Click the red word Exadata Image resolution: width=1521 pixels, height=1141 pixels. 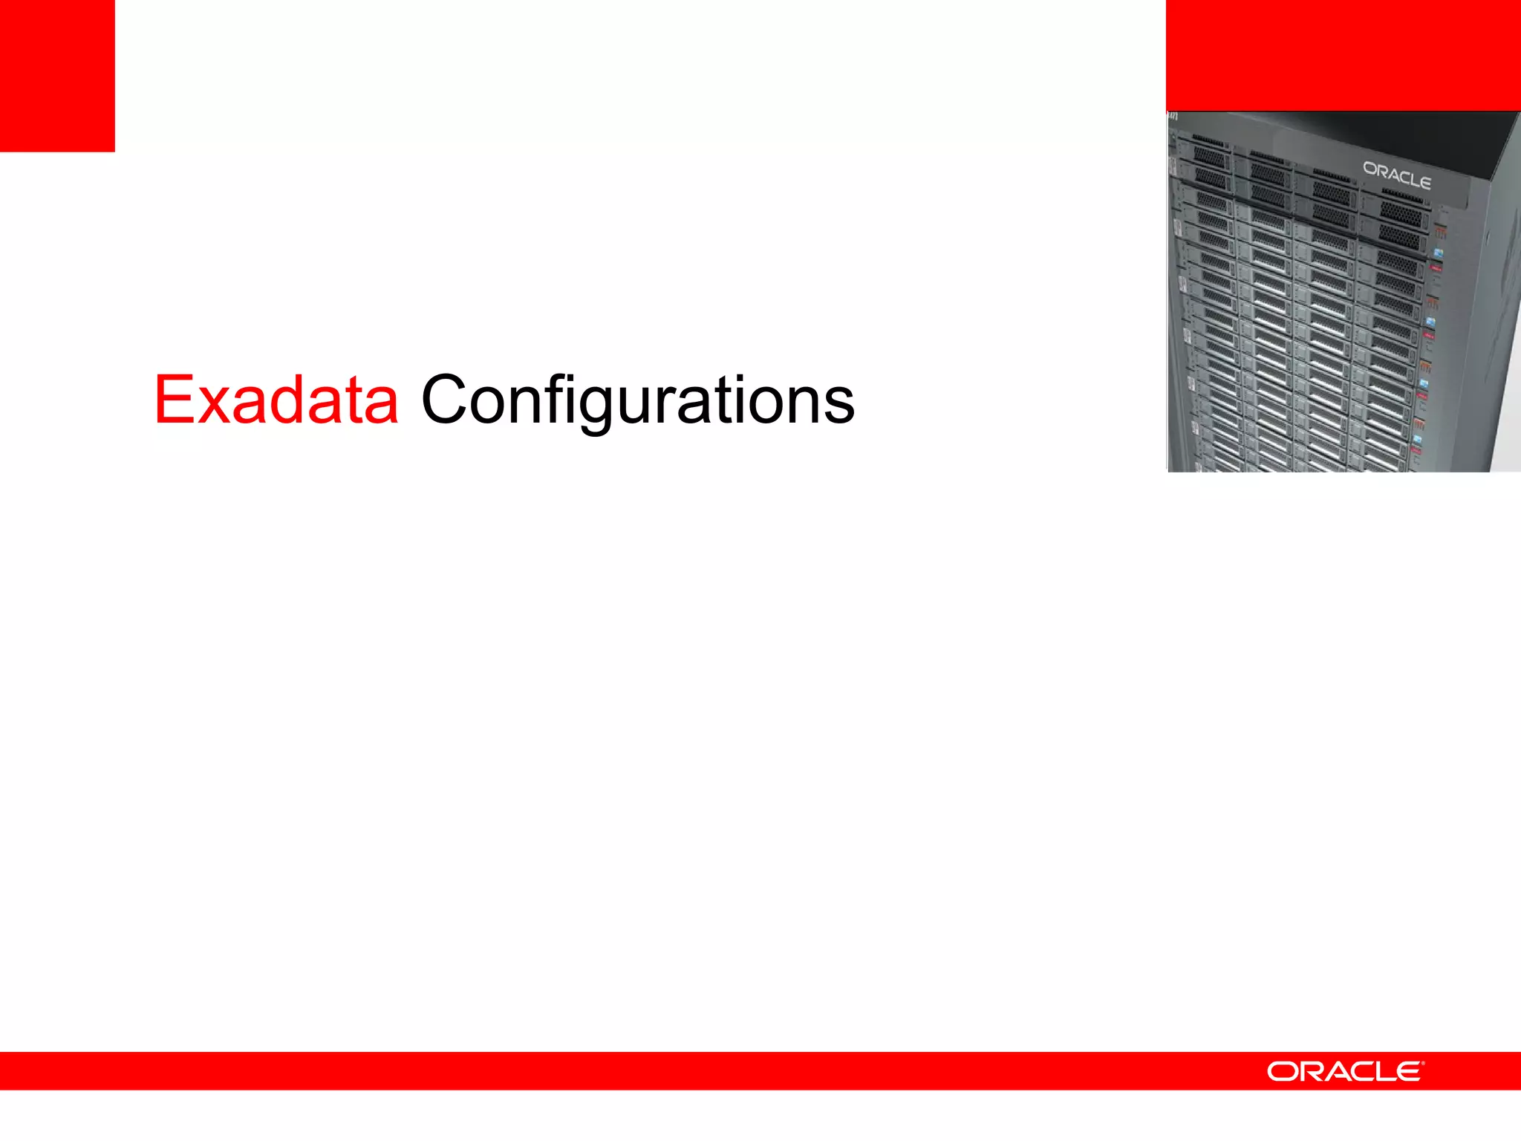click(276, 400)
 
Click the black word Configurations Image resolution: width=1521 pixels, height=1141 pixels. click(637, 400)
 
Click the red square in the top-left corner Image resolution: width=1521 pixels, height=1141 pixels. click(57, 75)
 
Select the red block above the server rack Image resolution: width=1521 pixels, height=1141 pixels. click(1343, 55)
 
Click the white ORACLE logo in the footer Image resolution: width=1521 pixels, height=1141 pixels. click(1344, 1071)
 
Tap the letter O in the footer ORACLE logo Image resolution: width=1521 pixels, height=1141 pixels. click(1282, 1071)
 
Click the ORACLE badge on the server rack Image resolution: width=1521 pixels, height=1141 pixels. click(1396, 175)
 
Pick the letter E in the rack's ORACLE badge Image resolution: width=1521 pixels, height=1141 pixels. click(1422, 181)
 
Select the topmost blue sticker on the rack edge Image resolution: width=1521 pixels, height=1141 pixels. click(1439, 253)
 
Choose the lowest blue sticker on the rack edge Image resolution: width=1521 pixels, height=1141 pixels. click(1417, 440)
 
